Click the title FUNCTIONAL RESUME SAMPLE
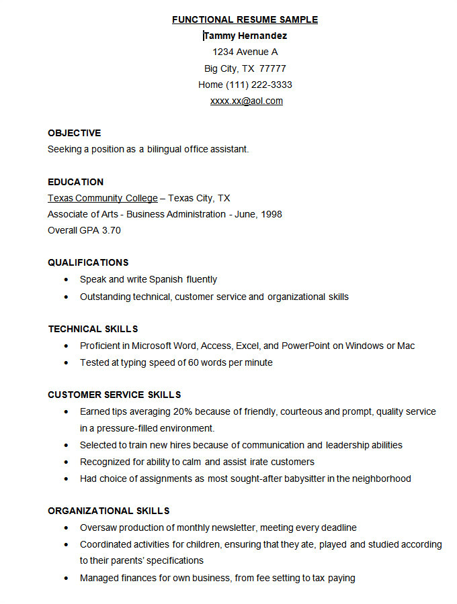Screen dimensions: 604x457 (x=245, y=19)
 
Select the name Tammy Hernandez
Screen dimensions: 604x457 (x=245, y=36)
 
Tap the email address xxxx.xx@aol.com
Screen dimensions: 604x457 (x=246, y=101)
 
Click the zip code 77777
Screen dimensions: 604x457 (x=273, y=68)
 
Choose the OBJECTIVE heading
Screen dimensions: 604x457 (x=74, y=133)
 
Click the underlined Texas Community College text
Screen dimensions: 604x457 (x=102, y=198)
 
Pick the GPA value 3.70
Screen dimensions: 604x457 (x=111, y=230)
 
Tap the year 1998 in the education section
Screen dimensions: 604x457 (x=271, y=214)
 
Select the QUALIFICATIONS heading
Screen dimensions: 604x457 (x=88, y=262)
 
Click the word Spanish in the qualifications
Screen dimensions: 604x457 (x=166, y=279)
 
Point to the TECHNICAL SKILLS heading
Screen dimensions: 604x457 (x=93, y=329)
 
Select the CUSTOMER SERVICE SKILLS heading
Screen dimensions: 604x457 (x=114, y=395)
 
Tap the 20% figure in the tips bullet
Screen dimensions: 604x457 (x=183, y=411)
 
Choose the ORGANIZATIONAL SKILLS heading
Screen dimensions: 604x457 (x=108, y=511)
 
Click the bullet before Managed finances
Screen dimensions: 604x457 (x=66, y=578)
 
